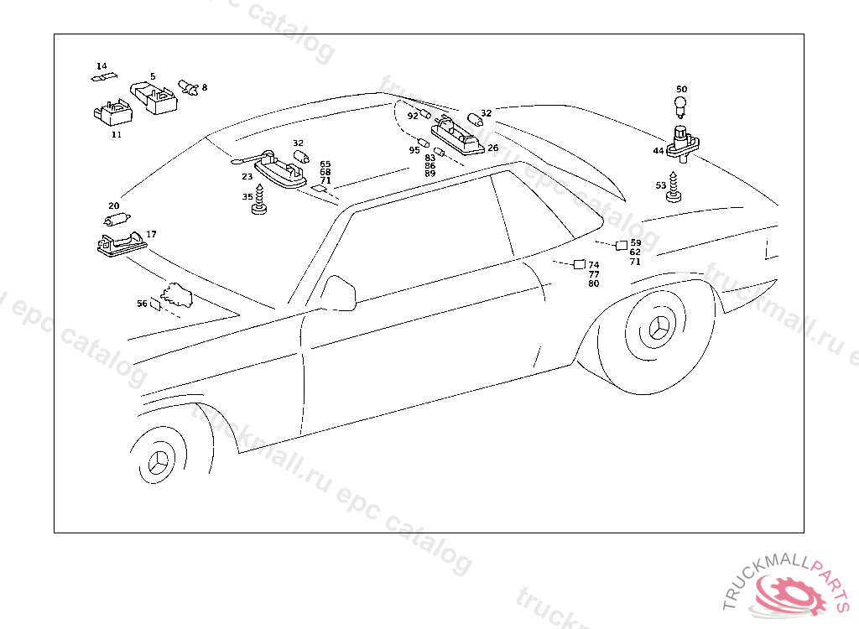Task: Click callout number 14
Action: pyautogui.click(x=102, y=66)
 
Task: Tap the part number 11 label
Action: pyautogui.click(x=116, y=134)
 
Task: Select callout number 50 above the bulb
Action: pyautogui.click(x=681, y=90)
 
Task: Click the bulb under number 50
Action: pyautogui.click(x=681, y=107)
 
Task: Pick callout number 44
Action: pyautogui.click(x=659, y=151)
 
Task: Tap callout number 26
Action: pyautogui.click(x=492, y=148)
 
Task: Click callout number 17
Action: pyautogui.click(x=151, y=235)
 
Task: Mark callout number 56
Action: pyautogui.click(x=142, y=304)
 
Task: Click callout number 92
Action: pyautogui.click(x=413, y=116)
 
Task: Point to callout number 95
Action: pyautogui.click(x=414, y=150)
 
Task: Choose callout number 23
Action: pyautogui.click(x=247, y=177)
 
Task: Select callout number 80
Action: pyautogui.click(x=594, y=283)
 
